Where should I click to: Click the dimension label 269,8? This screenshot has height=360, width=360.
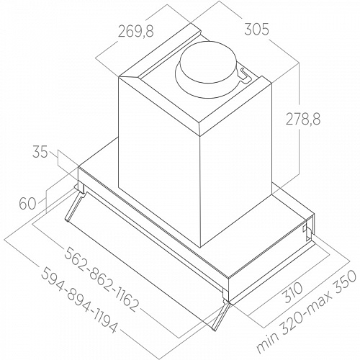(x=135, y=32)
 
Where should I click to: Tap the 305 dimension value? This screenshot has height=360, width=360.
(x=257, y=30)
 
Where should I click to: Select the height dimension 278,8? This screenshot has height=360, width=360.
(x=302, y=119)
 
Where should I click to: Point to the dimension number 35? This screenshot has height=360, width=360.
(x=40, y=152)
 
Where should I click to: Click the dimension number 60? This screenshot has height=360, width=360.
(x=27, y=204)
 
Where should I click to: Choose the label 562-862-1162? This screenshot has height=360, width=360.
(x=102, y=279)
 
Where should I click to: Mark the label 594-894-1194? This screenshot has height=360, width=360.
(x=79, y=300)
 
